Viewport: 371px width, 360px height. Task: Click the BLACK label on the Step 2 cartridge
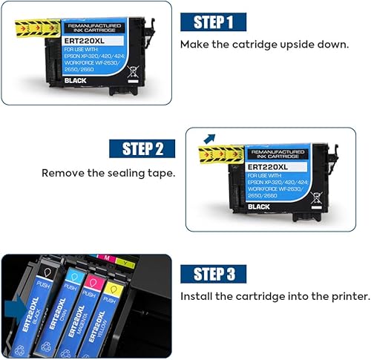click(259, 206)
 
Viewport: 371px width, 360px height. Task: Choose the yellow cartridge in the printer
click(112, 319)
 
